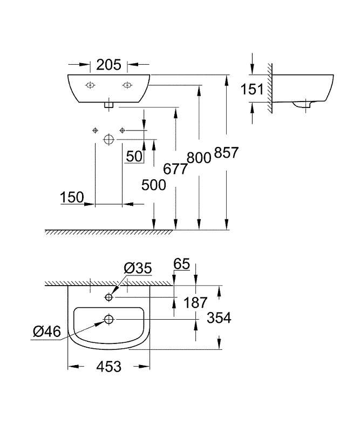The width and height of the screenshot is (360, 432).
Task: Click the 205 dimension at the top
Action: point(108,65)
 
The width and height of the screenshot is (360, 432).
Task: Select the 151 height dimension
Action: point(252,89)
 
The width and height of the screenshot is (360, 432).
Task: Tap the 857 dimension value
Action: point(226,152)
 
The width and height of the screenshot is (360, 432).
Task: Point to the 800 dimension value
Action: point(199,158)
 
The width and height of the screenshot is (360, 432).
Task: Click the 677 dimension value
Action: point(175,168)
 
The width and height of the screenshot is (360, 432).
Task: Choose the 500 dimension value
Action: point(154,185)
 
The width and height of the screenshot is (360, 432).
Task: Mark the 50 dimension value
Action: point(134,156)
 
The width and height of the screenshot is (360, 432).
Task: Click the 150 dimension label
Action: point(72,197)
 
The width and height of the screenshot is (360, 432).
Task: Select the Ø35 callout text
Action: point(138,268)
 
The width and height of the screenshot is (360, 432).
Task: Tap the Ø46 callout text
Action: point(47,331)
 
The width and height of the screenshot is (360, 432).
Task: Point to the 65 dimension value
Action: point(182,264)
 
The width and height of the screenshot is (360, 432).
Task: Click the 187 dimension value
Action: point(195,302)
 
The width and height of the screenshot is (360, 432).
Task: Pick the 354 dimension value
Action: point(219,318)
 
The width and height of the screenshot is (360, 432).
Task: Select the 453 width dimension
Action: point(109,367)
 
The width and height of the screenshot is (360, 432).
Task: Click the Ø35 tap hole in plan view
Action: point(109,297)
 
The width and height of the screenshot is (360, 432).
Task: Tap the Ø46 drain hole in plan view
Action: point(109,319)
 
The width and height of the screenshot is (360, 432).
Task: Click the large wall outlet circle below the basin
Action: point(109,139)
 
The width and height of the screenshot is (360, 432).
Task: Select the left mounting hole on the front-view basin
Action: point(90,85)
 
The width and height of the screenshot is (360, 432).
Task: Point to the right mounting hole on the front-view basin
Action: point(127,85)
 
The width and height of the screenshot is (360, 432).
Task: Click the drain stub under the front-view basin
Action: point(109,105)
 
